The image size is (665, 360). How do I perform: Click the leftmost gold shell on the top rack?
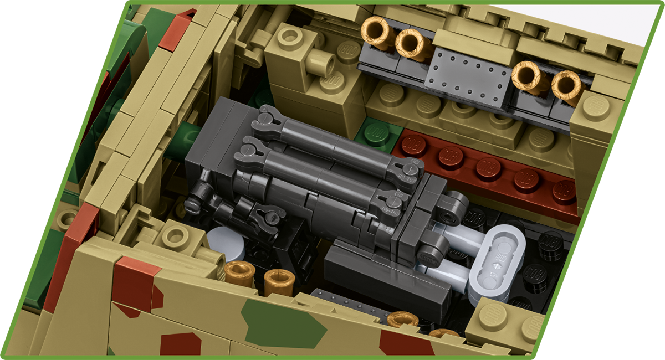378,32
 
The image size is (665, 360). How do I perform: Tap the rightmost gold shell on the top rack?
568,86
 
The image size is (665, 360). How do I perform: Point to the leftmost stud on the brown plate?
413,145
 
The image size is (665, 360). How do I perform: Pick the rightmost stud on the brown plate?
564,191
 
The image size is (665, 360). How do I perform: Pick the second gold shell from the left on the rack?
413,44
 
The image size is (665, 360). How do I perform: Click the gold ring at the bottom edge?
402,320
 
